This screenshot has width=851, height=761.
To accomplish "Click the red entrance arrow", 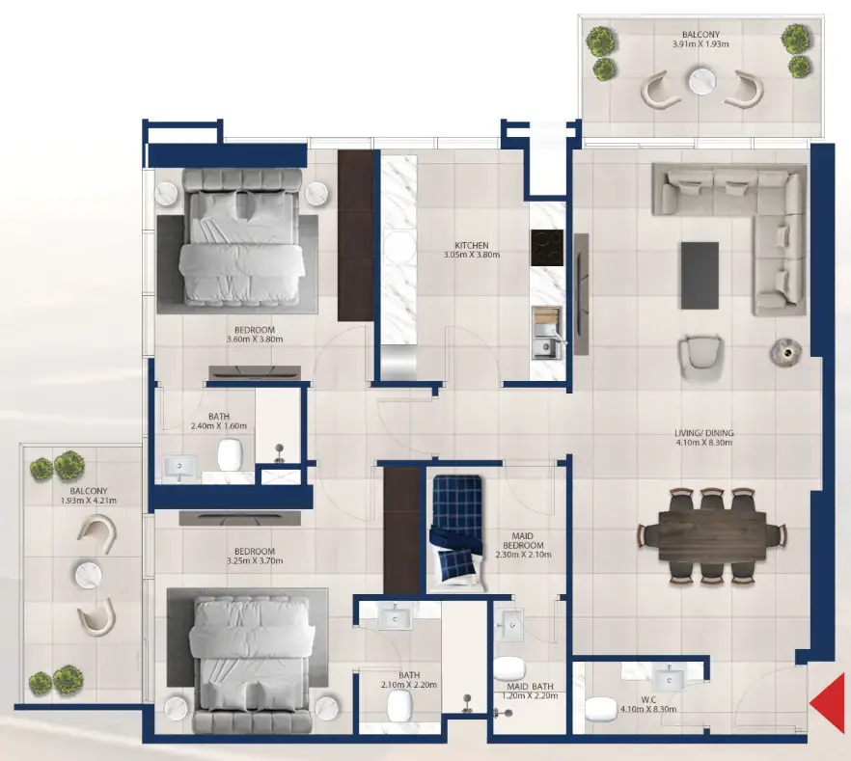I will point(828,703).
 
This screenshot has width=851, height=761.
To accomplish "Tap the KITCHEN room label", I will point(473,246).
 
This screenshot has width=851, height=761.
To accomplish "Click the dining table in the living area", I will point(712,535).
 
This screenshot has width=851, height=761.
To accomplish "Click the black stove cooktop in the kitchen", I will point(547,249).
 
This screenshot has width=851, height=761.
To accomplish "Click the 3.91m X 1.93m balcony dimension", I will point(700,44).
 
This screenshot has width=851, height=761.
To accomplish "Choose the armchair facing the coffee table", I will point(700,354).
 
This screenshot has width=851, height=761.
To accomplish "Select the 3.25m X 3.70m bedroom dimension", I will point(229,560).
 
